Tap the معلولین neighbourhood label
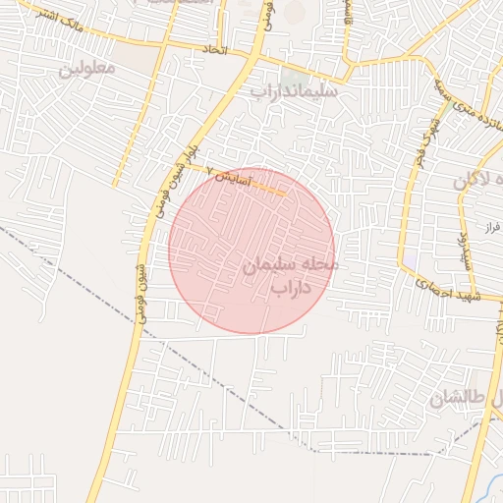point(86,69)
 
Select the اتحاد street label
point(214,48)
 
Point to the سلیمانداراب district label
point(295,91)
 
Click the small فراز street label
point(492,227)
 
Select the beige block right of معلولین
point(144,61)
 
